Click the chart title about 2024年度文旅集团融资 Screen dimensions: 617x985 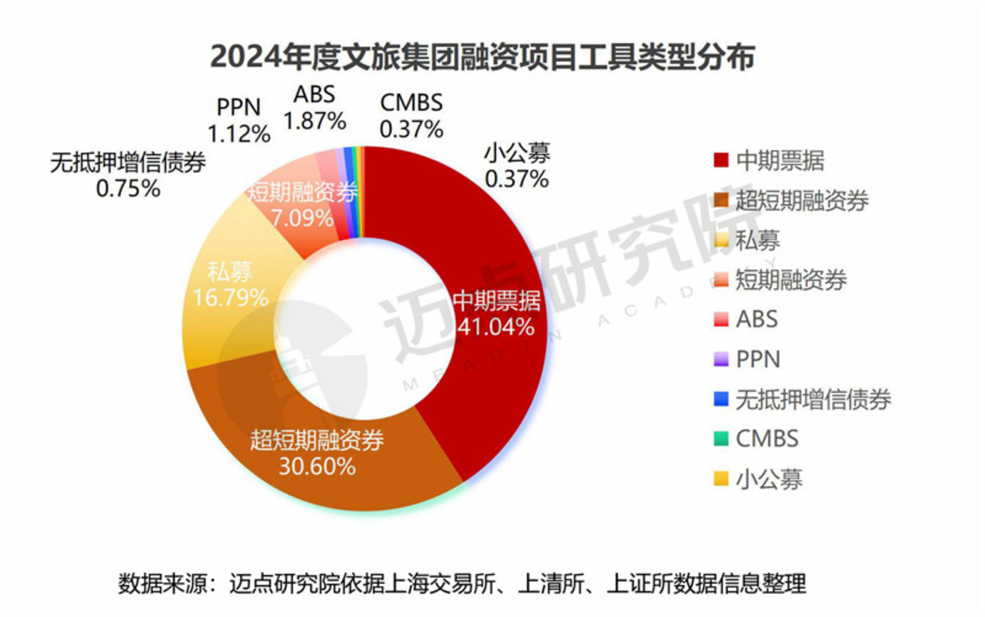click(x=483, y=56)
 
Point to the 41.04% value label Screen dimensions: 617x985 click(x=496, y=327)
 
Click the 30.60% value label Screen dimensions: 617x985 click(x=317, y=466)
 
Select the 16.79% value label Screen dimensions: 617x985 click(x=230, y=297)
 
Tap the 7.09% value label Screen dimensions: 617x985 click(x=303, y=218)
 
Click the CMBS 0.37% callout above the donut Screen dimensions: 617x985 click(x=411, y=116)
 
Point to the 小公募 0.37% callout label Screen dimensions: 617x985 click(x=517, y=166)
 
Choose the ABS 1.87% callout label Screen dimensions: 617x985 click(x=315, y=108)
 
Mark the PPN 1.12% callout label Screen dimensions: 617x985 click(x=239, y=120)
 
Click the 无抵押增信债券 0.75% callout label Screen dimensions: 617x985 click(x=128, y=175)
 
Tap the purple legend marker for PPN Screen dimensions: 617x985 click(x=720, y=360)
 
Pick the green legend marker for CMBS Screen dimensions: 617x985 click(x=720, y=440)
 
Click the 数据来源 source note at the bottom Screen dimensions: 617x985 click(x=462, y=584)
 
